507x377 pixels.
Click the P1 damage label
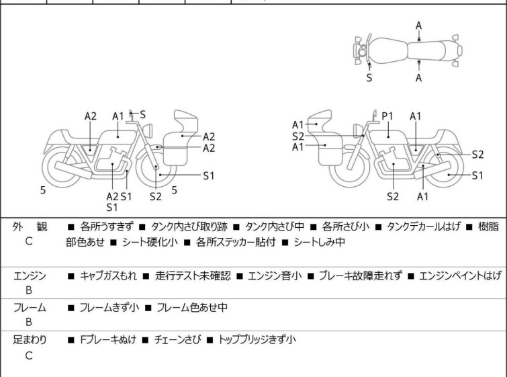387,116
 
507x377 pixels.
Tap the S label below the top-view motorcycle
369,78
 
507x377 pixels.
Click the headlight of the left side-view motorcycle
148,131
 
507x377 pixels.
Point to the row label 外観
30,226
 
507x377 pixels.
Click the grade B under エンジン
29,290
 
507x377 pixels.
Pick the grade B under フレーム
29,322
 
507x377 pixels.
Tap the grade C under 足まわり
29,355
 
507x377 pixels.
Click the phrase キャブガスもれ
108,276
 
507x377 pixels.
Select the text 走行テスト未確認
193,276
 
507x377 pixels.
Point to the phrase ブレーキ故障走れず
361,276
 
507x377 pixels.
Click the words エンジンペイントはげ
460,276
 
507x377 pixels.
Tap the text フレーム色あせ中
192,307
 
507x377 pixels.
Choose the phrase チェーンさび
177,339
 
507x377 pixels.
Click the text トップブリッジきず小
257,339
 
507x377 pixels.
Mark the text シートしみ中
320,242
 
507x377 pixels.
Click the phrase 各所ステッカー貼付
236,242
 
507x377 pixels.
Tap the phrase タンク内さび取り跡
189,226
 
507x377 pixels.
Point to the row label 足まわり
30,340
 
